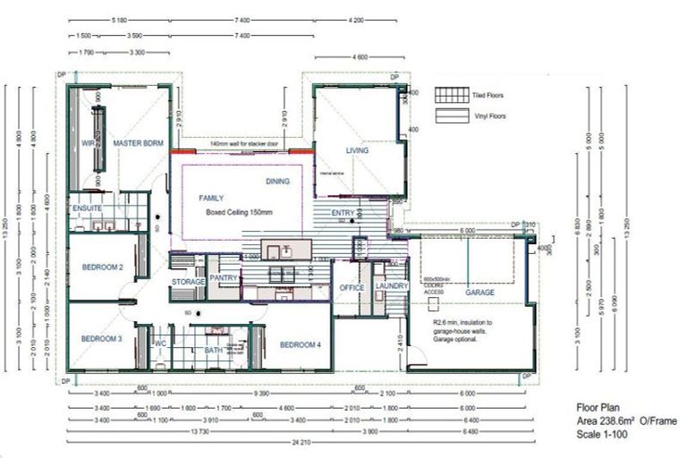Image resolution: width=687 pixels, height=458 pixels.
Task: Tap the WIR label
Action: click(x=89, y=143)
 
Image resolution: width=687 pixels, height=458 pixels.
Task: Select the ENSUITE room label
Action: click(x=87, y=208)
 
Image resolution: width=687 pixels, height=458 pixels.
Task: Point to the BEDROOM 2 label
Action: click(x=102, y=267)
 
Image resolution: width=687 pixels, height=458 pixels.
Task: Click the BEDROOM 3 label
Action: click(x=101, y=339)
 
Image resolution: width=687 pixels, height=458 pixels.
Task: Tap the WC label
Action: click(x=161, y=343)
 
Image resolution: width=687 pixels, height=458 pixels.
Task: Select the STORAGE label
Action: click(x=188, y=282)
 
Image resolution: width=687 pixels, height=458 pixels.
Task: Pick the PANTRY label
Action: click(x=224, y=279)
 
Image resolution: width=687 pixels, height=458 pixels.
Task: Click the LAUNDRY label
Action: click(x=391, y=286)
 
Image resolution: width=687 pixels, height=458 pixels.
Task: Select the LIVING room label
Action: click(x=358, y=151)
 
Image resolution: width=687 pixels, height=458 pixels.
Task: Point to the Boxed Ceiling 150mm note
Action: click(x=239, y=212)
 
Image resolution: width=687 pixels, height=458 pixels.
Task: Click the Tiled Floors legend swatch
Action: click(x=450, y=95)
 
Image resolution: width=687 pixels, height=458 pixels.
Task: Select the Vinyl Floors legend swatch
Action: click(x=450, y=115)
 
